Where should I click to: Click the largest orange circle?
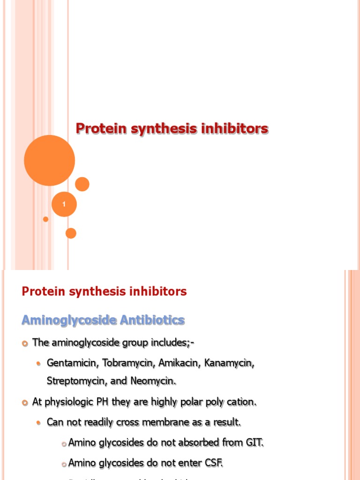(x=49, y=160)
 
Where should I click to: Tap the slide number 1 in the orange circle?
(x=64, y=204)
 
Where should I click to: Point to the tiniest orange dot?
(x=45, y=219)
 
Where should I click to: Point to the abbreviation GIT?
(x=255, y=442)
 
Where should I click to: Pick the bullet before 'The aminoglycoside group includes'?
(x=25, y=344)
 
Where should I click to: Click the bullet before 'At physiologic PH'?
(x=25, y=403)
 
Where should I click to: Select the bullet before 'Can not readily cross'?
(x=40, y=423)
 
